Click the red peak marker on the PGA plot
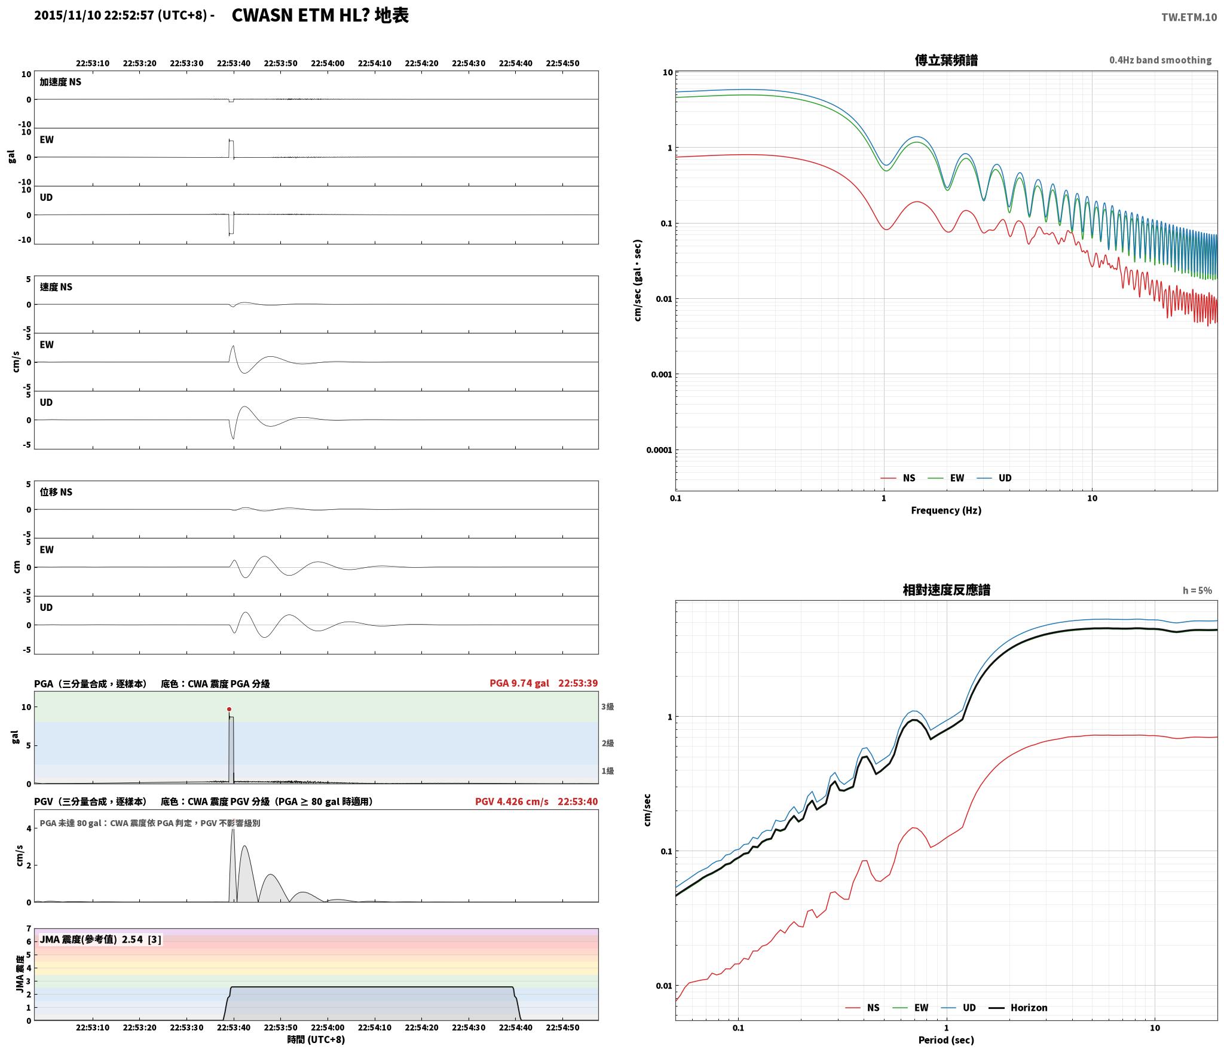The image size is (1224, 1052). pyautogui.click(x=229, y=709)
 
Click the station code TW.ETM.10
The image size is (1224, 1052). pyautogui.click(x=1189, y=17)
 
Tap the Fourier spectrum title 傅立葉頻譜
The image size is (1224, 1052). pyautogui.click(x=946, y=60)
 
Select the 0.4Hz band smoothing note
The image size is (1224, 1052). pyautogui.click(x=1160, y=60)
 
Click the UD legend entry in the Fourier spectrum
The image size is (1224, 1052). pyautogui.click(x=994, y=478)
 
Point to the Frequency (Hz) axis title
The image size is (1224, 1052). pyautogui.click(x=946, y=510)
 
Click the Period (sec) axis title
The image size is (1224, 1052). pyautogui.click(x=946, y=1041)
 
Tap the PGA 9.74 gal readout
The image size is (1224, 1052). pyautogui.click(x=519, y=683)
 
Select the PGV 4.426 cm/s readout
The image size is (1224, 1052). pyautogui.click(x=512, y=802)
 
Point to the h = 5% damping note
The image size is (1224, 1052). pyautogui.click(x=1197, y=591)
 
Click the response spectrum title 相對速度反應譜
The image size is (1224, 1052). pyautogui.click(x=946, y=590)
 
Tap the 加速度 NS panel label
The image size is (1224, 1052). pyautogui.click(x=60, y=82)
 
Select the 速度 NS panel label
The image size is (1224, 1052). pyautogui.click(x=56, y=287)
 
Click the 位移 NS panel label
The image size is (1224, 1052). pyautogui.click(x=56, y=492)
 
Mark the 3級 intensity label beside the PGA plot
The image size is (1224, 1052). pyautogui.click(x=608, y=707)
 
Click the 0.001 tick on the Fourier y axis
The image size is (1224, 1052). pyautogui.click(x=661, y=375)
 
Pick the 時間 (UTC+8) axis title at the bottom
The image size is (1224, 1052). pyautogui.click(x=316, y=1039)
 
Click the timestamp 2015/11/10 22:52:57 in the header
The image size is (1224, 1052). pyautogui.click(x=94, y=16)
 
